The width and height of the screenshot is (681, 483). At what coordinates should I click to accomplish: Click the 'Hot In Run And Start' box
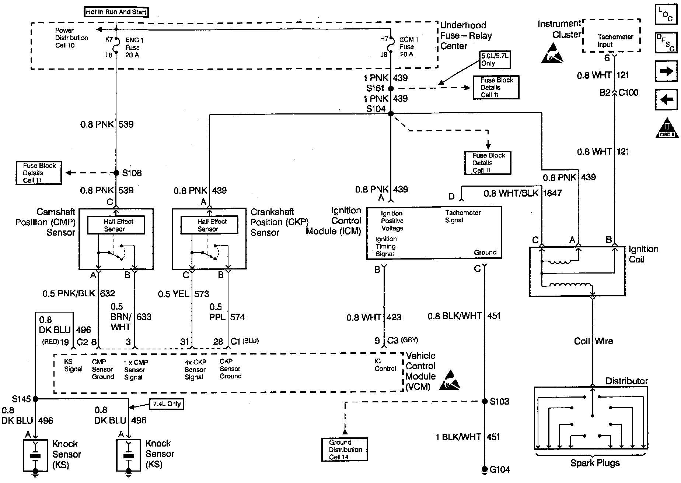[116, 12]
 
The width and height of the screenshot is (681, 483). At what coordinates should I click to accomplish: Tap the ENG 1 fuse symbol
[116, 46]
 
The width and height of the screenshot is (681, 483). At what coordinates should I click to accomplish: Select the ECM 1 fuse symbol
[391, 46]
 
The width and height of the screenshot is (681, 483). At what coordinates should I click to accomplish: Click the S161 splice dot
[391, 88]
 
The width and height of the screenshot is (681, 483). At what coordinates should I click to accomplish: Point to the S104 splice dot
[391, 114]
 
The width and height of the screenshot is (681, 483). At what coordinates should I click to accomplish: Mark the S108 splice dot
[116, 173]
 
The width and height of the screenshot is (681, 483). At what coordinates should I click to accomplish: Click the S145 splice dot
[35, 399]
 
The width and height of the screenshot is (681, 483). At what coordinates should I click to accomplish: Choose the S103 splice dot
[485, 401]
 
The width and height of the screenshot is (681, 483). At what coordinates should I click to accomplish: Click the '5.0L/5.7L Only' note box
[495, 60]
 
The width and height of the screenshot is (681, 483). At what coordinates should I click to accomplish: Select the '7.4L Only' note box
[166, 404]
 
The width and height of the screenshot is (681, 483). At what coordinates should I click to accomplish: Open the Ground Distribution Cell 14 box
[345, 449]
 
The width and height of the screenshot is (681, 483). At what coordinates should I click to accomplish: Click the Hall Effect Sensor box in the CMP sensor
[116, 225]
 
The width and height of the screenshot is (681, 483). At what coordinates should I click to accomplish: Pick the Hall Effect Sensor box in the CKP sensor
[209, 225]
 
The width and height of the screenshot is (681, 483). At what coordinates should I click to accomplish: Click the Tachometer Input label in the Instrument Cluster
[615, 40]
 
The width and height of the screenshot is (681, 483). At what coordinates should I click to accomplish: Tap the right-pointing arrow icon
[666, 71]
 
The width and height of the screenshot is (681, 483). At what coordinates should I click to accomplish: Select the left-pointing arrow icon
[666, 100]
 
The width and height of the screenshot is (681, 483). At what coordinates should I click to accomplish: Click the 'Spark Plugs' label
[595, 463]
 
